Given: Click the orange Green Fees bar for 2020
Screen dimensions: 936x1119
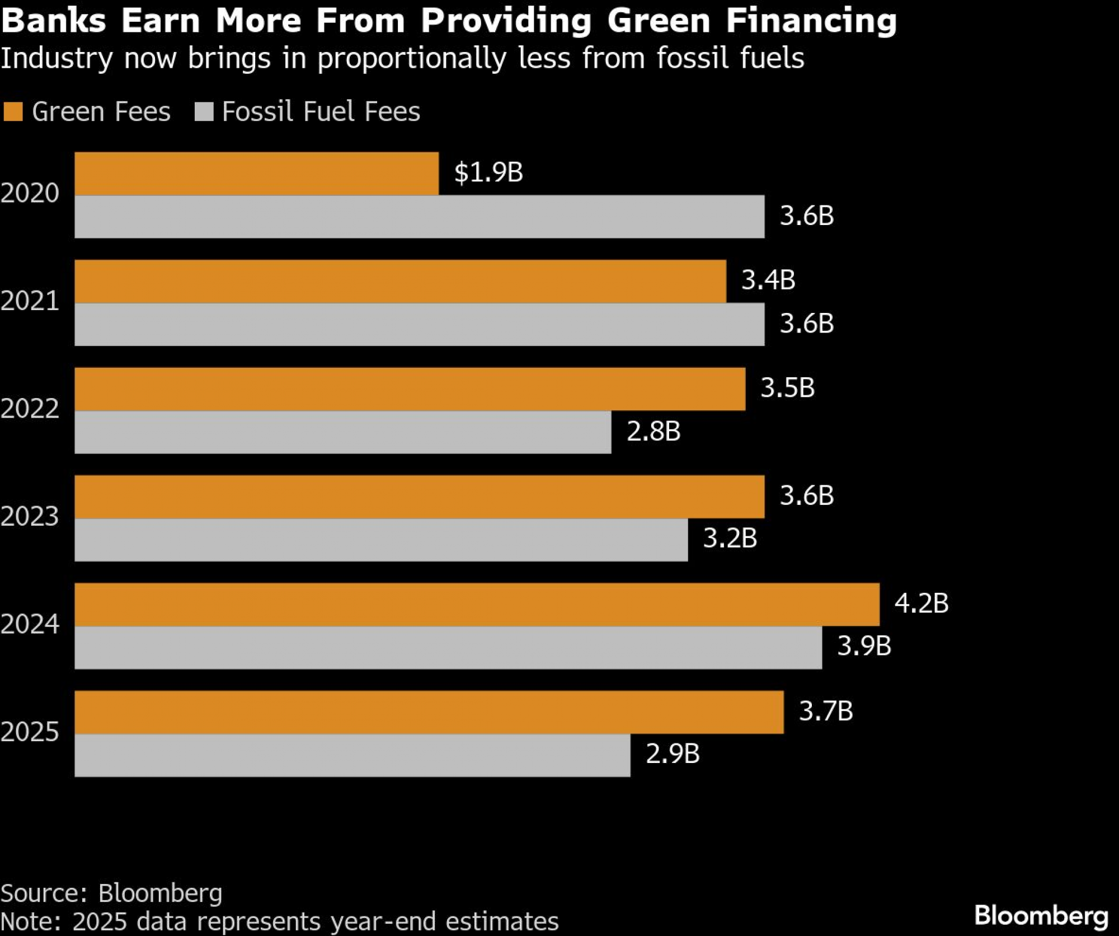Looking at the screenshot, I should [x=256, y=174].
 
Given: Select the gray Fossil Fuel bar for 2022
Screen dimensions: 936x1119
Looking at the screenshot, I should [x=342, y=432].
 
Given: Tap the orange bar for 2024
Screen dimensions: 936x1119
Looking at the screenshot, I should [x=477, y=605].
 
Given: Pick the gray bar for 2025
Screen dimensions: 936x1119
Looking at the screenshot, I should [x=352, y=755].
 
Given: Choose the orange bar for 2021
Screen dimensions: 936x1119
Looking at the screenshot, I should [x=400, y=282].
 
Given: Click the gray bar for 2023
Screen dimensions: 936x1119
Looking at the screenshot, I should [x=381, y=540].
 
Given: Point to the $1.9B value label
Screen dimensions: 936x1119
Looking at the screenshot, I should [x=488, y=172].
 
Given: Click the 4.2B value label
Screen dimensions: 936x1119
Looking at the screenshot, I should [x=921, y=603].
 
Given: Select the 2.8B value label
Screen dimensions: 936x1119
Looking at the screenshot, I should [x=653, y=431].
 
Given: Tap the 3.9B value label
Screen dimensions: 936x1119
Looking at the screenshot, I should [x=864, y=646].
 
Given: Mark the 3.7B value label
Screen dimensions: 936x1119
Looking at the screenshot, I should [x=826, y=711].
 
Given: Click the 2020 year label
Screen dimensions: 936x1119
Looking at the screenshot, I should [x=30, y=193].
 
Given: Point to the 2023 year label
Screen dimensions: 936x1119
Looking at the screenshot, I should [x=30, y=516].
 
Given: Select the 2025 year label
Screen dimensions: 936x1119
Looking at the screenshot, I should [x=30, y=732].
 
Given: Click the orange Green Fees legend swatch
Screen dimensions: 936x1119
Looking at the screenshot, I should [x=13, y=111].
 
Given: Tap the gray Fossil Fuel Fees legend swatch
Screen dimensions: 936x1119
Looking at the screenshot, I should [x=204, y=111].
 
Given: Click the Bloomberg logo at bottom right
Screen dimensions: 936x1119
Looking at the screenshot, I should [x=1041, y=916].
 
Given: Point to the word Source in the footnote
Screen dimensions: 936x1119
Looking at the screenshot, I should [x=43, y=893].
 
